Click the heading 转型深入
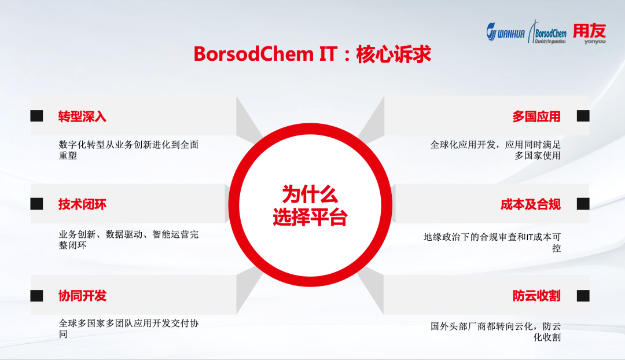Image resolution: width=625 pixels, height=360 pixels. point(82,116)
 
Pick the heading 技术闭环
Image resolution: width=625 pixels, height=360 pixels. point(82,204)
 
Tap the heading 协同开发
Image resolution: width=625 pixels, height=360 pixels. point(82,296)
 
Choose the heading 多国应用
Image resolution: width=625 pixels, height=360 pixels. point(536,116)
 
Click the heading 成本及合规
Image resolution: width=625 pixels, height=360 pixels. point(531,204)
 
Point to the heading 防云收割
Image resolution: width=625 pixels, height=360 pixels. point(536,296)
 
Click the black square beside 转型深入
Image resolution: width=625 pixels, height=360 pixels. point(37,116)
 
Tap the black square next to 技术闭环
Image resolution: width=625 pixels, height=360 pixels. point(37,204)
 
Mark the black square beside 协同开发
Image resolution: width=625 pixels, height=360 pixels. point(37,296)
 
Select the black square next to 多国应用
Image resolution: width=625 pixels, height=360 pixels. point(583,116)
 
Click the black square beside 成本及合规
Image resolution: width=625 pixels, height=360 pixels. point(583,204)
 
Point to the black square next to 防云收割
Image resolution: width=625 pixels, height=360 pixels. point(583,296)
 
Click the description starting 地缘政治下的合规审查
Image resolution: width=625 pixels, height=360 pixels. point(492,237)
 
